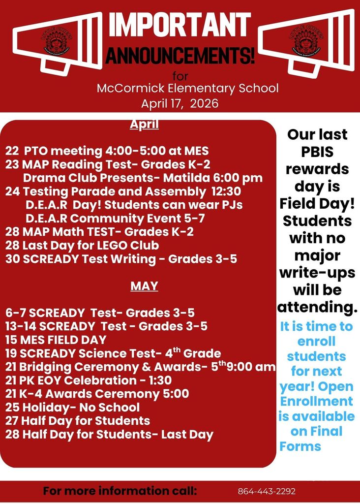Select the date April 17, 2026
(180, 104)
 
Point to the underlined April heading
(144, 125)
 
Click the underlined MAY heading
(144, 286)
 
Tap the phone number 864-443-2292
(267, 492)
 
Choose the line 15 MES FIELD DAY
(56, 340)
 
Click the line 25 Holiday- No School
(73, 407)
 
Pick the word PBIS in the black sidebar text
(317, 152)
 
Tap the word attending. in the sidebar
(317, 307)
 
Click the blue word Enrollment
(317, 401)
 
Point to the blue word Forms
(300, 446)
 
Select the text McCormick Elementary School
(187, 89)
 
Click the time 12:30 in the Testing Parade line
(226, 191)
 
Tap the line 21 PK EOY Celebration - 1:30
(89, 380)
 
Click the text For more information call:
(120, 491)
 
